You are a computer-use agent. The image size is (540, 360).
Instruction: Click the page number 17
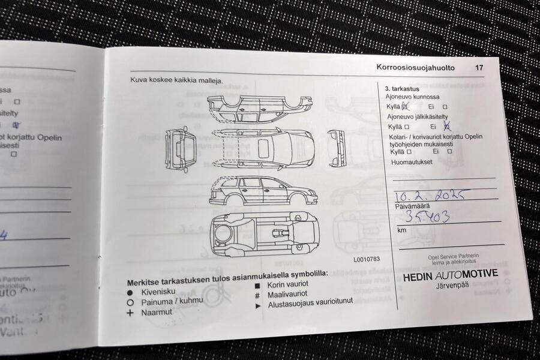[x=479, y=68]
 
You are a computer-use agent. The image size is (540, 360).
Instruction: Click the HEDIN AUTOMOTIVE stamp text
[x=450, y=275]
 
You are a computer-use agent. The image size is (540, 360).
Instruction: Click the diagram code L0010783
[x=366, y=259]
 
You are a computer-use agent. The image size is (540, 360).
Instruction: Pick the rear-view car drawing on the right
[x=337, y=148]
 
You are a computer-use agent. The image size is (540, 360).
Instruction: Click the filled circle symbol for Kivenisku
[x=130, y=292]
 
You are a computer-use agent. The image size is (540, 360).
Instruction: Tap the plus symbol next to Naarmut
[x=130, y=313]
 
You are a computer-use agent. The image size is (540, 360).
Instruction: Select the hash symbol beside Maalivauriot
[x=257, y=295]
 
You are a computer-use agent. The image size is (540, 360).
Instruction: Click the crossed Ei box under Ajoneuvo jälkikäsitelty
[x=446, y=127]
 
